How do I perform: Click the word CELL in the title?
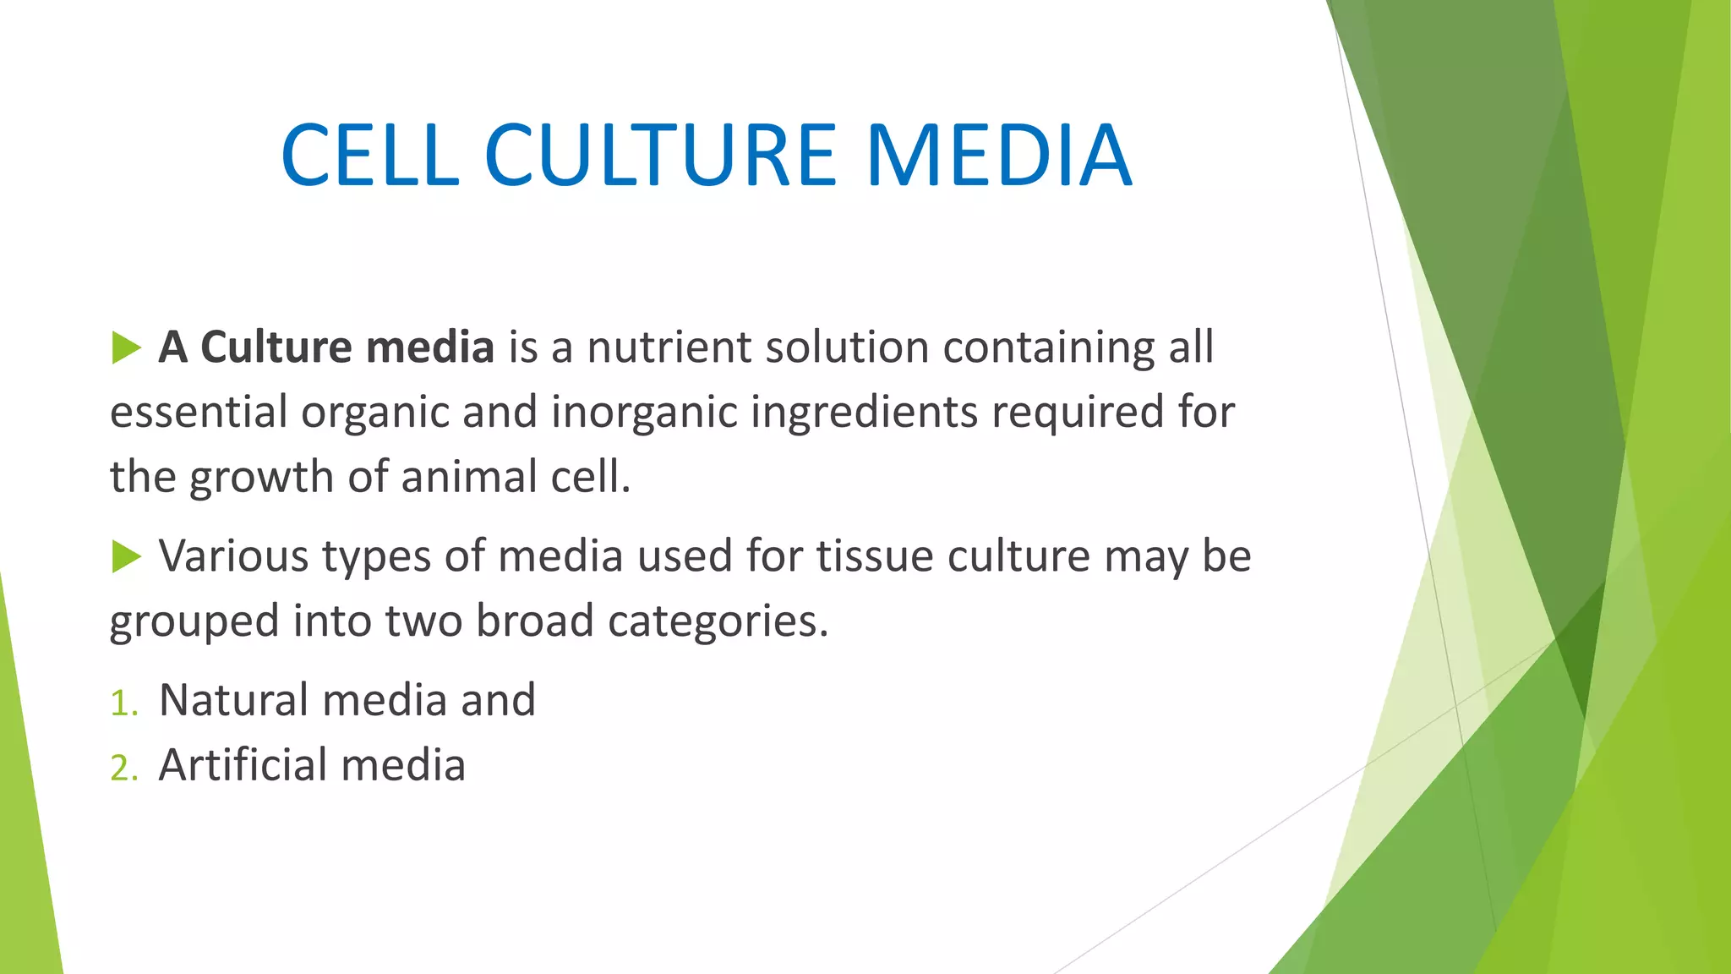click(370, 156)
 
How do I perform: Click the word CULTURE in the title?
click(660, 156)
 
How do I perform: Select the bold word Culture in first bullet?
click(276, 347)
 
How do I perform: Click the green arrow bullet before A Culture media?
click(126, 347)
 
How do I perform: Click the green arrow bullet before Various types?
click(126, 556)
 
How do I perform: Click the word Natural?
click(234, 700)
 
